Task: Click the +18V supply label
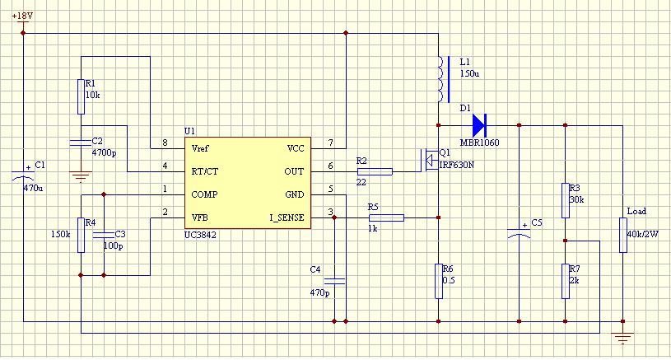click(x=22, y=16)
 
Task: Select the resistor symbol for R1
click(x=81, y=96)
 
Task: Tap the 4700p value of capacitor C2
click(x=104, y=153)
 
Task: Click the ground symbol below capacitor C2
click(x=81, y=176)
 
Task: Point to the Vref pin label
click(x=200, y=148)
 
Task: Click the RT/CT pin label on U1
click(x=204, y=171)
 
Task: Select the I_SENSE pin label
click(x=287, y=217)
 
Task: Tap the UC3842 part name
click(x=200, y=235)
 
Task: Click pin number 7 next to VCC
click(x=330, y=143)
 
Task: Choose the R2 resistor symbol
click(x=375, y=171)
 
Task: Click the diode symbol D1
click(x=479, y=125)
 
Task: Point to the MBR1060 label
click(x=479, y=143)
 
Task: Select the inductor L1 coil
click(x=441, y=79)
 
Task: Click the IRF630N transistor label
click(x=457, y=165)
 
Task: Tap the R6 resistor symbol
click(x=439, y=281)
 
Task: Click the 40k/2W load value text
click(x=642, y=234)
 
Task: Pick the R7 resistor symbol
click(x=566, y=281)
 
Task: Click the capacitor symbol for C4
click(x=334, y=281)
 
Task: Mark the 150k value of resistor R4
click(x=60, y=234)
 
